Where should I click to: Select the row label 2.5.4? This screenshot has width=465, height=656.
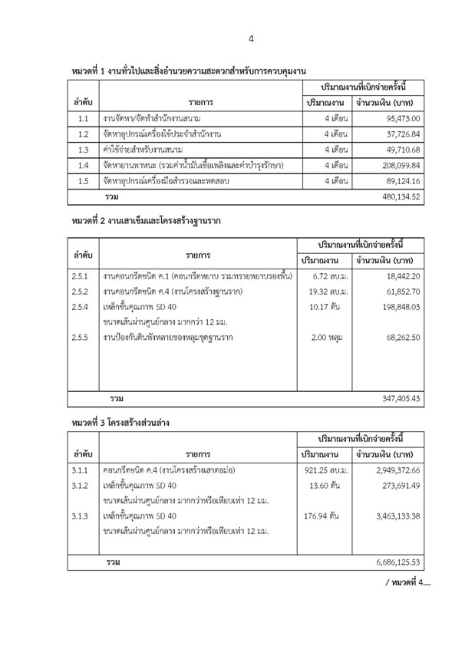[81, 307]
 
